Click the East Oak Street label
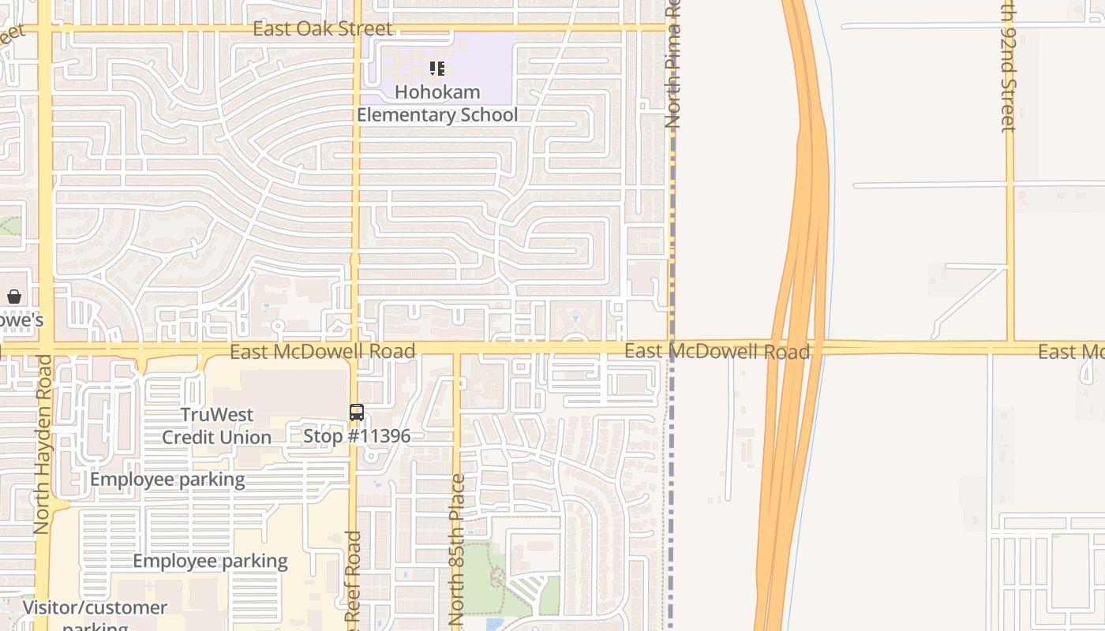click(x=322, y=29)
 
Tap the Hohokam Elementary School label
click(x=437, y=103)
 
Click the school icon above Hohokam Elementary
click(x=437, y=69)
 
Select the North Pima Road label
click(x=672, y=67)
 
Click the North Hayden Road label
click(x=43, y=443)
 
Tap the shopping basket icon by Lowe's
click(x=14, y=297)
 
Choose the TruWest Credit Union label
click(x=216, y=426)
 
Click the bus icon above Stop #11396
click(x=357, y=413)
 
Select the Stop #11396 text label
click(x=357, y=435)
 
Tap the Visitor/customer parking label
click(x=95, y=615)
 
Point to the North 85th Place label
click(x=457, y=549)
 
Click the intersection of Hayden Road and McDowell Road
click(x=45, y=348)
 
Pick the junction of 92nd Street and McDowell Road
click(x=1009, y=346)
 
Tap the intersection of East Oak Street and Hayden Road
click(x=45, y=29)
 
